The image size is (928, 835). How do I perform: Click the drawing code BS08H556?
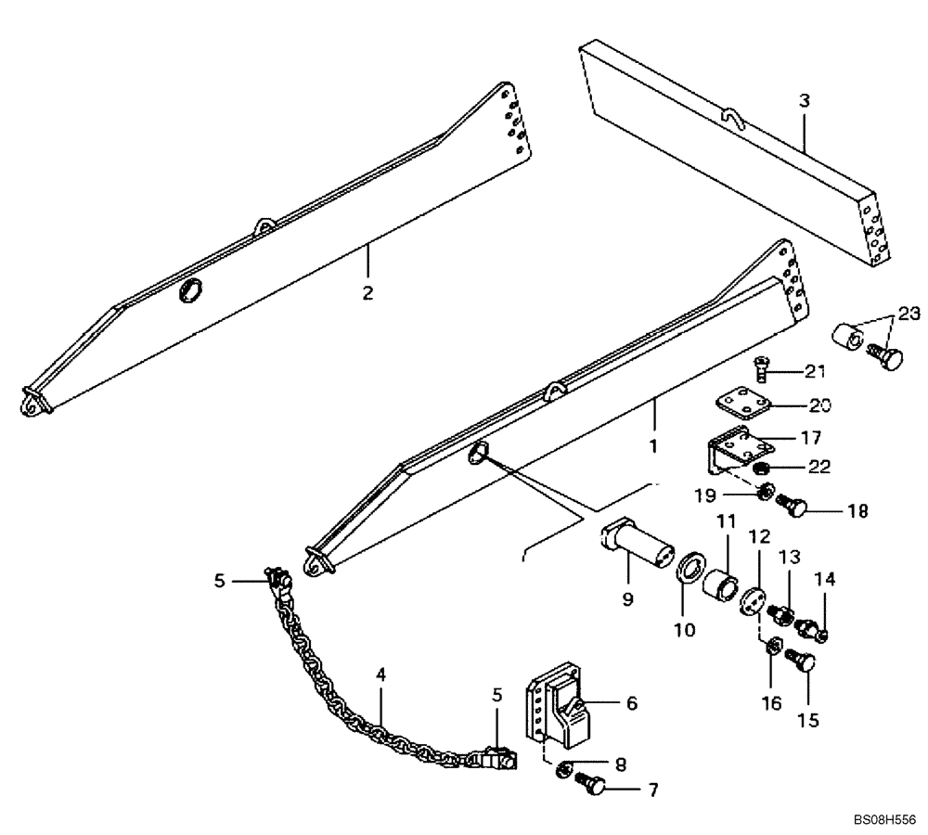tap(885, 820)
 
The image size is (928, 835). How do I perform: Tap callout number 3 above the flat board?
tap(804, 101)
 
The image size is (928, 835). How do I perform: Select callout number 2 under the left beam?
tap(367, 292)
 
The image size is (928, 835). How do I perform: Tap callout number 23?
tap(909, 315)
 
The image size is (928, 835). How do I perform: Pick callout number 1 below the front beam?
tap(652, 445)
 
